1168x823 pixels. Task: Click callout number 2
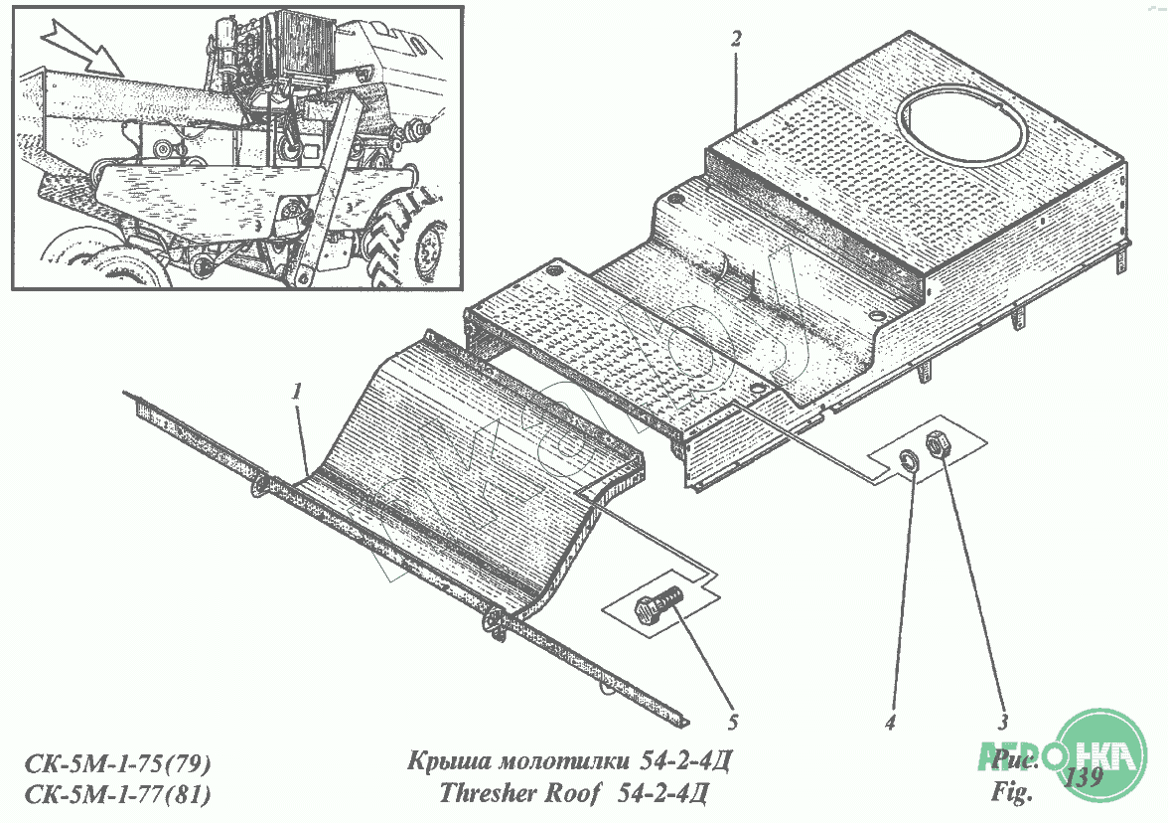(x=735, y=40)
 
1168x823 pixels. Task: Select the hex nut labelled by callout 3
(x=938, y=446)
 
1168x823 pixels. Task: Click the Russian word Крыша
(x=443, y=763)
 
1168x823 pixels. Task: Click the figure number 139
(x=1083, y=778)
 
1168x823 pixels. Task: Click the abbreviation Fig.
(x=1012, y=793)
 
